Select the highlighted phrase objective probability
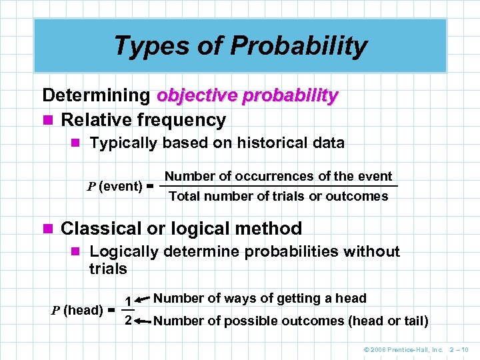[x=247, y=95]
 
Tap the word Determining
[x=96, y=95]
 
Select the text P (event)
[x=115, y=186]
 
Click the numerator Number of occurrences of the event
[x=278, y=176]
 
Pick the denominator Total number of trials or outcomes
[x=278, y=196]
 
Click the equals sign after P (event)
[x=151, y=187]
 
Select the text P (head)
[x=77, y=310]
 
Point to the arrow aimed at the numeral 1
[x=141, y=301]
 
